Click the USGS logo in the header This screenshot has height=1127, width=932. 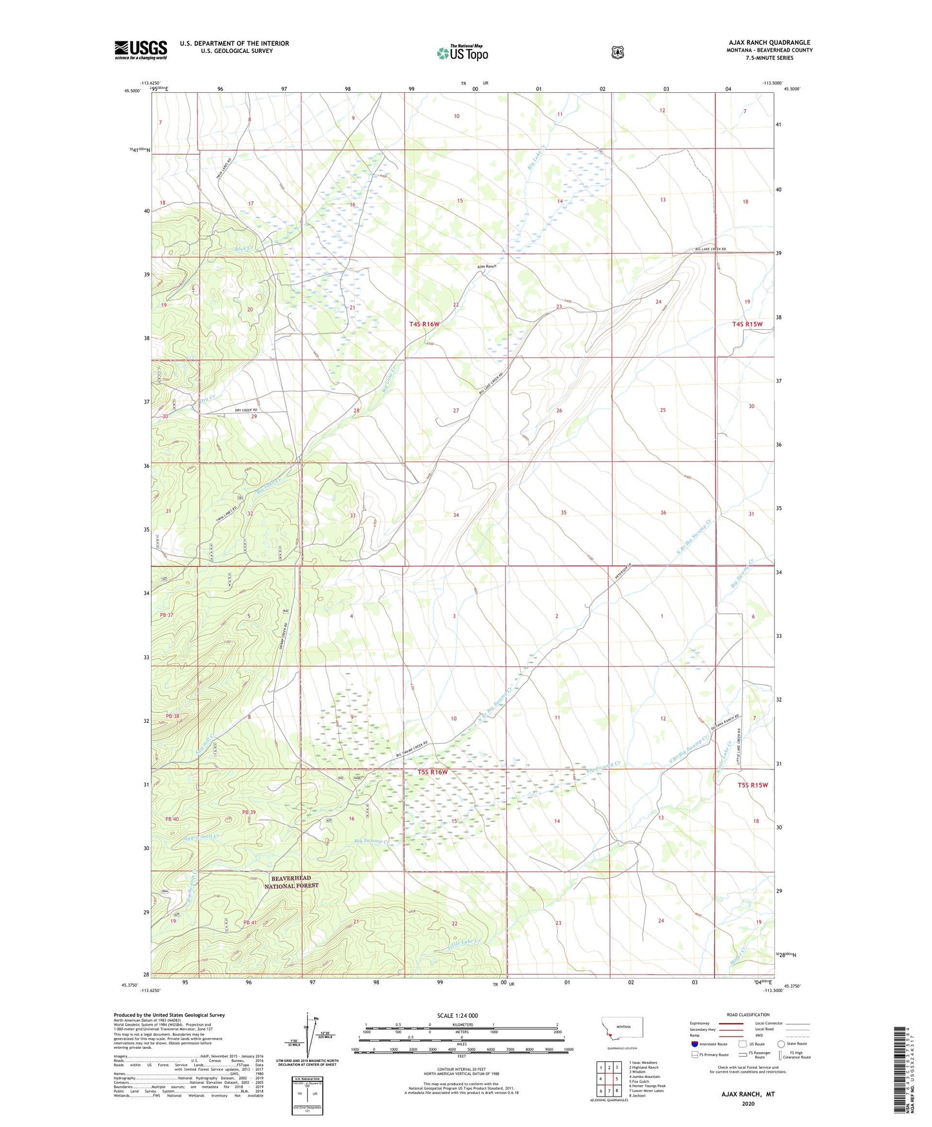click(141, 50)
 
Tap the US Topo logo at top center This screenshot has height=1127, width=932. click(462, 53)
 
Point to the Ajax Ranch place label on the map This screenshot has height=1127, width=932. click(486, 266)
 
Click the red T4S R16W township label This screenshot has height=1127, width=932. click(424, 324)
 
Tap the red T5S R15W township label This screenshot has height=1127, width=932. click(753, 785)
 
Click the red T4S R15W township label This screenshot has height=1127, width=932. click(747, 324)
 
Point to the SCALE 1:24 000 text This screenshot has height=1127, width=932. click(457, 1015)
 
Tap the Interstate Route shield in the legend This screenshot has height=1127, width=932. click(694, 1044)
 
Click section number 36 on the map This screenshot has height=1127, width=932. click(663, 513)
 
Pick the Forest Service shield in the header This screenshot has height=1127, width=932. click(618, 52)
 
